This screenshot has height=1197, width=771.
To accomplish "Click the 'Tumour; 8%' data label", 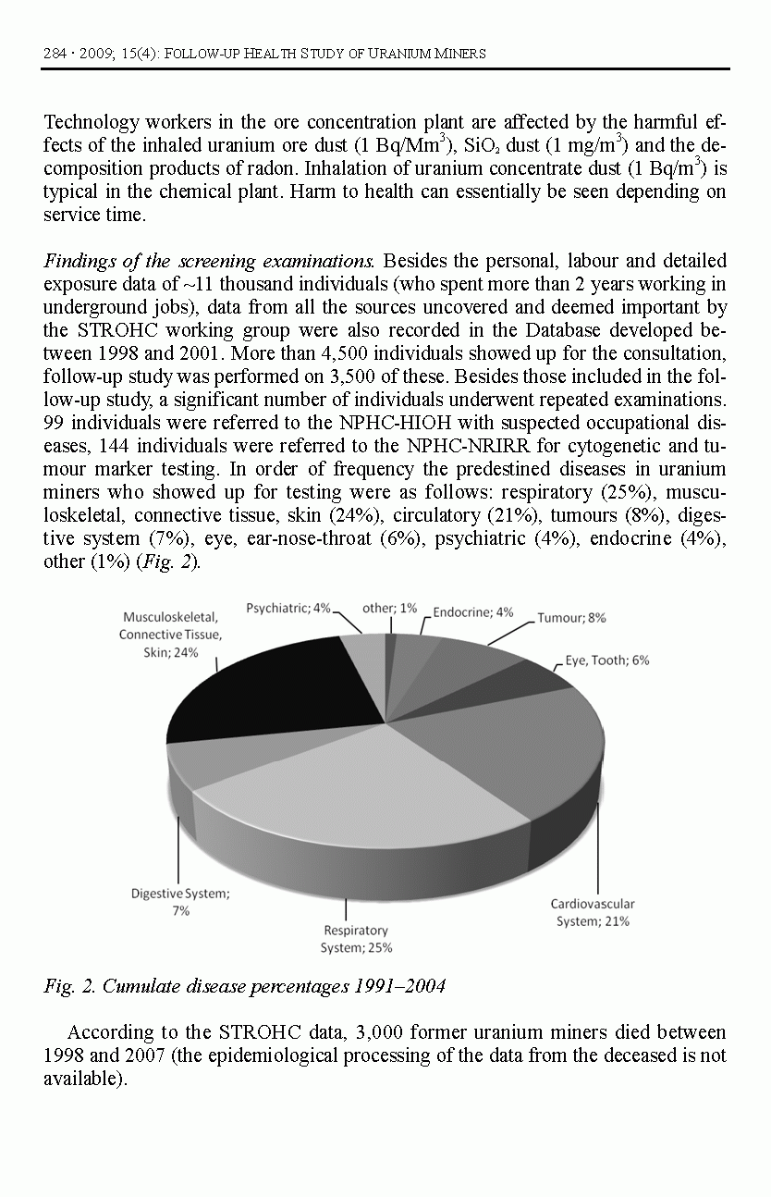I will coord(571,618).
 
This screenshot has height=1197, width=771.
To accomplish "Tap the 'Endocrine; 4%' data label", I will coord(472,612).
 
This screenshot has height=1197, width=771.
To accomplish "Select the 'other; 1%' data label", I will coord(389,608).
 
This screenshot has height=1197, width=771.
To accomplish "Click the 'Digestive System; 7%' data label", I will coord(180,902).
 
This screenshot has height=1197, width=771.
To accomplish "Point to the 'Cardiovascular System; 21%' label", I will coord(593,912).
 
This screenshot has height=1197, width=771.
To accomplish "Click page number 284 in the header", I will coord(54,53).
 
